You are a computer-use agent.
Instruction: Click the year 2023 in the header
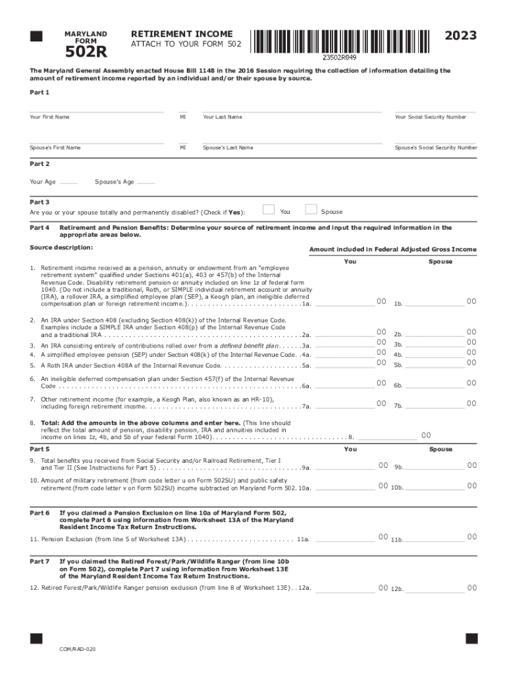pos(460,36)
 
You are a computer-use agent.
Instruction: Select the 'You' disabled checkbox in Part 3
pos(269,209)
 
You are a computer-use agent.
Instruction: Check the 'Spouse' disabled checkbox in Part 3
pos(311,209)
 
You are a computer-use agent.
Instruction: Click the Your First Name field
pos(96,108)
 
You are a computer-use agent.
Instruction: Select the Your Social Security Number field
pos(435,108)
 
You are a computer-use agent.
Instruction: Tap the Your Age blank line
pos(68,182)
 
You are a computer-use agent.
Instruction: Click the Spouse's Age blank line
pos(146,182)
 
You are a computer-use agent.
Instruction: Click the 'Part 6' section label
pos(40,512)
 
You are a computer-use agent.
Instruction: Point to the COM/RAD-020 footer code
pos(73,650)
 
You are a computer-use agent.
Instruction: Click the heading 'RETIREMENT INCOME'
pos(182,34)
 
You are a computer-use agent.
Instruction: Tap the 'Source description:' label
pos(61,247)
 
